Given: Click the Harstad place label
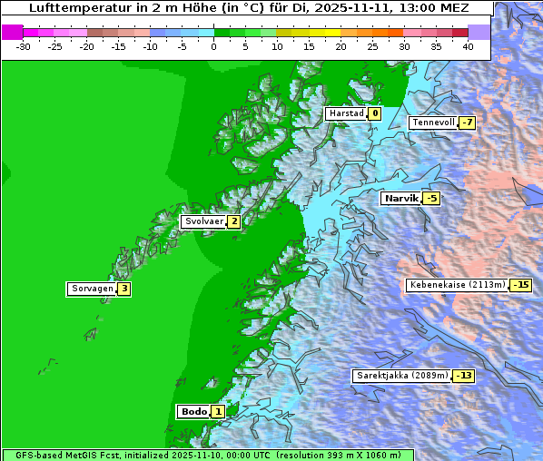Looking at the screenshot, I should click(x=346, y=113).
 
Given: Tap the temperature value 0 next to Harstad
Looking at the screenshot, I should click(x=374, y=113).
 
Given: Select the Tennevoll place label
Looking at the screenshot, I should click(x=432, y=123).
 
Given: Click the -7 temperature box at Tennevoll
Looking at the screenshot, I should click(x=467, y=123).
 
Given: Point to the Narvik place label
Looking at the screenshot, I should click(x=400, y=198).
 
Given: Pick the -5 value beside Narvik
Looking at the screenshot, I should click(x=431, y=198).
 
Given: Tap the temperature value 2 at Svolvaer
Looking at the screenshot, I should click(x=233, y=221).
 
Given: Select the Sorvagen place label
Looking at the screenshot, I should click(x=92, y=289).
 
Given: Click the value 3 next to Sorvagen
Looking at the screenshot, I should click(x=124, y=289).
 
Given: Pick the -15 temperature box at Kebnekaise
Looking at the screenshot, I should click(x=520, y=285).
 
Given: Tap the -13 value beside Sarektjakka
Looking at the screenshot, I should click(x=464, y=375).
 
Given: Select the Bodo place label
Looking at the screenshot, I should click(x=194, y=411).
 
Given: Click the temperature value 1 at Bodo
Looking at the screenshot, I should click(x=218, y=411).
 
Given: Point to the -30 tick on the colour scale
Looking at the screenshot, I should click(x=24, y=45).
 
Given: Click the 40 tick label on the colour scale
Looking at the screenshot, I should click(x=468, y=45).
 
